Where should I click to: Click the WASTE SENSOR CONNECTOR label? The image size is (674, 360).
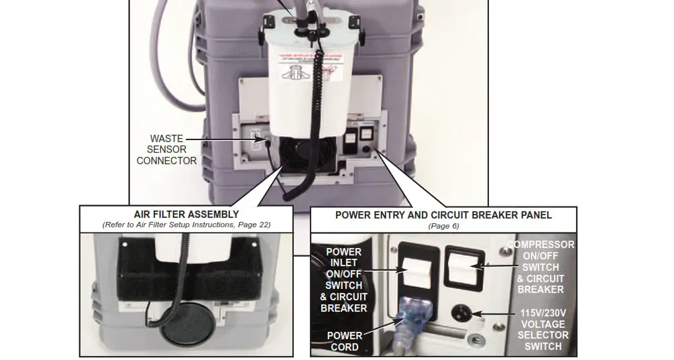point(166,149)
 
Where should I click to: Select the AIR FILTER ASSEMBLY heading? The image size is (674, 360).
point(186,215)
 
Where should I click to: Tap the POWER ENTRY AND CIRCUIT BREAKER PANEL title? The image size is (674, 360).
point(443,215)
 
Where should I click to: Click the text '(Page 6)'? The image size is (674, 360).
point(443,226)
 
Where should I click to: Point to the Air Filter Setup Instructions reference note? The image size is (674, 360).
point(186,225)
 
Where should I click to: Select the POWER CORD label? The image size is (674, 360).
point(344,341)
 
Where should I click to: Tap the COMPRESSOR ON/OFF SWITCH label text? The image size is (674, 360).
point(541,267)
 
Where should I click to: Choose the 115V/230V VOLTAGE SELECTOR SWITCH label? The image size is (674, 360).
point(544,330)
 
